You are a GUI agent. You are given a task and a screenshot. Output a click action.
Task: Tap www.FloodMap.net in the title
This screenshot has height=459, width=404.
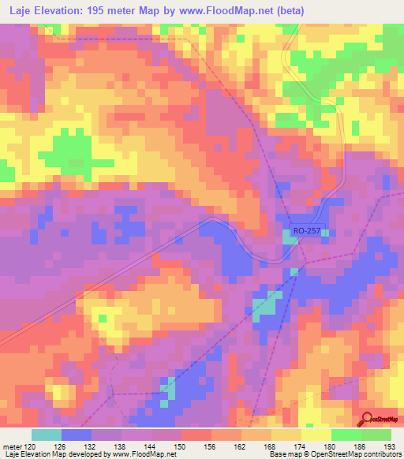234,11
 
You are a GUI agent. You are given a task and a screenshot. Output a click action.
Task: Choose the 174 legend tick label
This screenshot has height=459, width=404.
301,446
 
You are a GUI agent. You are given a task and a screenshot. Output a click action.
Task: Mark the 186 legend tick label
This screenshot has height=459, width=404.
361,446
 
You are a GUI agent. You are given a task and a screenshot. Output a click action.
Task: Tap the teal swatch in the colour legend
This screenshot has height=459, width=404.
47,435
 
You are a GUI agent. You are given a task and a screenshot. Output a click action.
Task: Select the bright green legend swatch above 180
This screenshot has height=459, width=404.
346,435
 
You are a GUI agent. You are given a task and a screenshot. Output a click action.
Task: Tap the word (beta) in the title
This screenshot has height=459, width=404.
289,11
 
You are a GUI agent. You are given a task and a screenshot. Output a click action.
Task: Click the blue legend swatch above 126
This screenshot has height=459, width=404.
77,435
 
